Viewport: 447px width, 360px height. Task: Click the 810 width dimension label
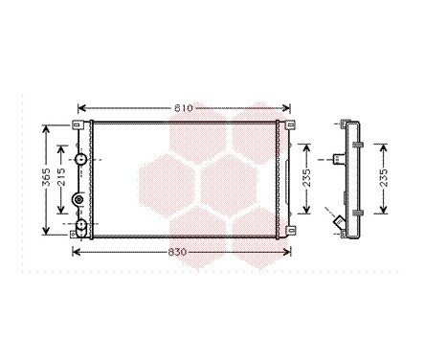[x=183, y=108]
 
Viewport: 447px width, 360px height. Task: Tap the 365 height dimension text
[x=46, y=179]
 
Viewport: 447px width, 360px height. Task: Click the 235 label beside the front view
[x=306, y=180]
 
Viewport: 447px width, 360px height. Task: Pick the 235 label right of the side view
[x=383, y=180]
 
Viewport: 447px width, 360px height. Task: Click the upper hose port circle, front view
[x=82, y=159]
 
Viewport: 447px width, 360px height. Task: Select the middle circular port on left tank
[x=79, y=200]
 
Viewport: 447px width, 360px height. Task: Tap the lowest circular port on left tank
[x=82, y=226]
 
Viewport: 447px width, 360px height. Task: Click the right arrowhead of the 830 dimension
[x=289, y=253]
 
